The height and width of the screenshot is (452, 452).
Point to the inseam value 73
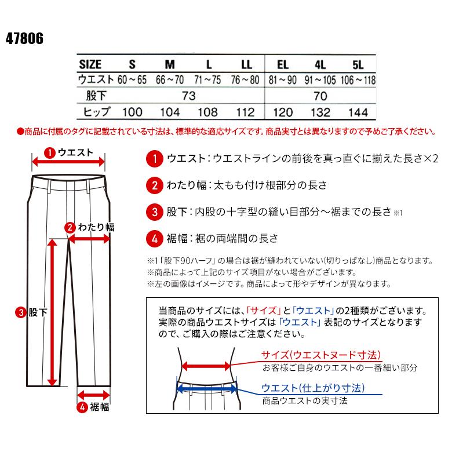tap(188, 96)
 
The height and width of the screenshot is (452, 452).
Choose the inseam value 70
tap(320, 96)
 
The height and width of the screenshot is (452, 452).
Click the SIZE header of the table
tap(90, 64)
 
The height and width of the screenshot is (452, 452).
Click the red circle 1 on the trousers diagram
tap(50, 153)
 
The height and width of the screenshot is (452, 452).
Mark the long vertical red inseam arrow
tap(52, 313)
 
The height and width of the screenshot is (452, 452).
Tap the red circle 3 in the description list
tap(154, 212)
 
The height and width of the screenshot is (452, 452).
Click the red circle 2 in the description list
tap(154, 185)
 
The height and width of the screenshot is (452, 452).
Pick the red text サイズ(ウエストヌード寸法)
tap(316, 355)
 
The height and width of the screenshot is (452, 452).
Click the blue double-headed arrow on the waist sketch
tap(207, 388)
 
